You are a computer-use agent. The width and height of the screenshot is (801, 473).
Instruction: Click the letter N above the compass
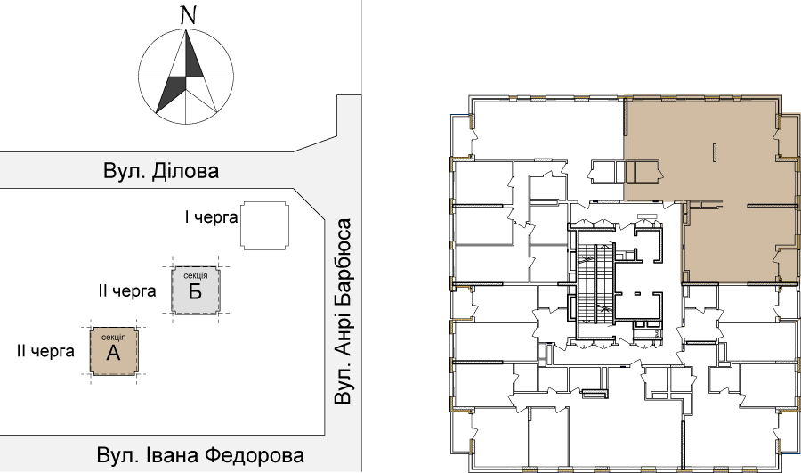189,16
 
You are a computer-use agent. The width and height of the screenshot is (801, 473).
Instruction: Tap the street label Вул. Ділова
161,171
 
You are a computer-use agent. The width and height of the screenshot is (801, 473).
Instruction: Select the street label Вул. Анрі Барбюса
343,312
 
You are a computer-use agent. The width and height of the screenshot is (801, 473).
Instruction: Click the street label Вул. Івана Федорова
200,455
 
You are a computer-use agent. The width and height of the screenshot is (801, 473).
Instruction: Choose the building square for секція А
113,351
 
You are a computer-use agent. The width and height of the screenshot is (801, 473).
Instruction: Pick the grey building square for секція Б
196,290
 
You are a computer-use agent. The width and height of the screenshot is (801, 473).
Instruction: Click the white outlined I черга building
264,225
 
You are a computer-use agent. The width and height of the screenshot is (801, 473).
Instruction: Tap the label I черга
212,217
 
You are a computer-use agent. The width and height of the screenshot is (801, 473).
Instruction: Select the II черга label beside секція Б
127,291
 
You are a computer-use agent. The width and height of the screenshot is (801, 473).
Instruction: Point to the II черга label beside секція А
45,351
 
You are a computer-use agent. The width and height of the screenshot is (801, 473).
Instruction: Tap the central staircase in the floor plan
596,283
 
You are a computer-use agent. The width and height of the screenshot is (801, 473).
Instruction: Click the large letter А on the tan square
113,353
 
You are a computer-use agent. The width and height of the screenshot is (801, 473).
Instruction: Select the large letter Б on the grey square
195,291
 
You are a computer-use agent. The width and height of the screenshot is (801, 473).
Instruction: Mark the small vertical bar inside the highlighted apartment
715,153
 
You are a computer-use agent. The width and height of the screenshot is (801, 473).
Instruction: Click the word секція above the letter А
113,337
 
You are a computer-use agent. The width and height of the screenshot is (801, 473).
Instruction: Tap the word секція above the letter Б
196,275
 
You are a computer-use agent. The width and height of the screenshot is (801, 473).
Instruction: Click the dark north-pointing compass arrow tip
187,30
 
